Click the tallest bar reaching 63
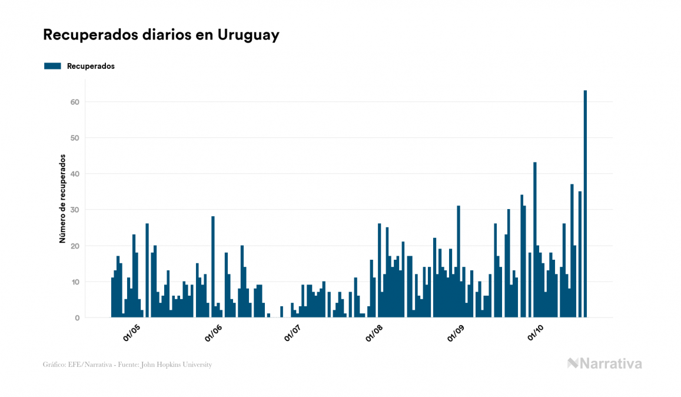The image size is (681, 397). [585, 204]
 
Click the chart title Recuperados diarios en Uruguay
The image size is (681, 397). [161, 35]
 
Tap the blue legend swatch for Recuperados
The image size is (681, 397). [52, 66]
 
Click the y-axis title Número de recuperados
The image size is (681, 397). [62, 199]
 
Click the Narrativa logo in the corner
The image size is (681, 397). [604, 363]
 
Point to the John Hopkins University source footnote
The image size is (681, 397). [127, 365]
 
